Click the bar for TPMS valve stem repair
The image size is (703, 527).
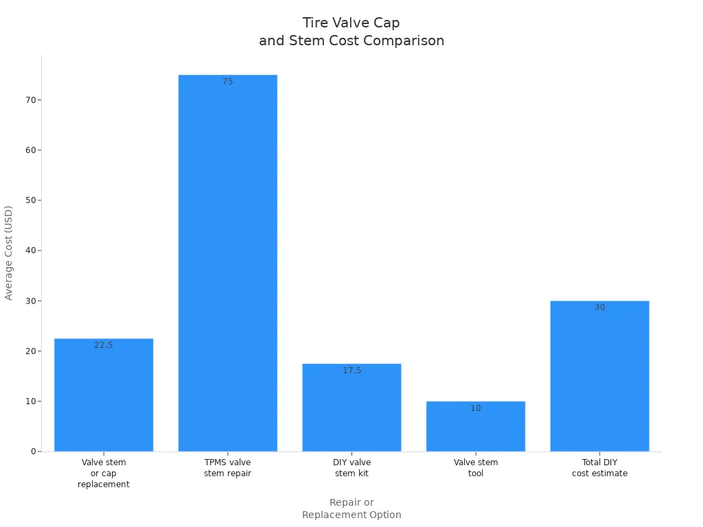click(227, 263)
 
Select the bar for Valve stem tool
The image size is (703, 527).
click(475, 426)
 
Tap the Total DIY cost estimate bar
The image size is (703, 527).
click(599, 376)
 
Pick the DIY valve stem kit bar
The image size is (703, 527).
click(351, 408)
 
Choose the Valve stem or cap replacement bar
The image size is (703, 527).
click(104, 395)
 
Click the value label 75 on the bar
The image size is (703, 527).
click(227, 82)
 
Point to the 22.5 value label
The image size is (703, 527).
click(104, 345)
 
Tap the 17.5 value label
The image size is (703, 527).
click(351, 371)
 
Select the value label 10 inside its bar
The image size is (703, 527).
click(475, 408)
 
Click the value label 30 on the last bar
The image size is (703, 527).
click(599, 307)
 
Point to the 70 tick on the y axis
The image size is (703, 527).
click(30, 99)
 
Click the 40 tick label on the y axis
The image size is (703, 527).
click(30, 250)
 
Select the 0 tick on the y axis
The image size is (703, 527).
click(33, 452)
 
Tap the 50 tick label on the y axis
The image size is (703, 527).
click(30, 200)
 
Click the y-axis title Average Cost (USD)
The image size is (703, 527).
click(9, 253)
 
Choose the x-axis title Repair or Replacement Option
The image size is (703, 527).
click(351, 508)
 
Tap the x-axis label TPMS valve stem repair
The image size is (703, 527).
click(227, 468)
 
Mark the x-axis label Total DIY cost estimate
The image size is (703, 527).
click(599, 468)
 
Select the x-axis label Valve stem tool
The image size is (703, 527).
click(475, 468)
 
